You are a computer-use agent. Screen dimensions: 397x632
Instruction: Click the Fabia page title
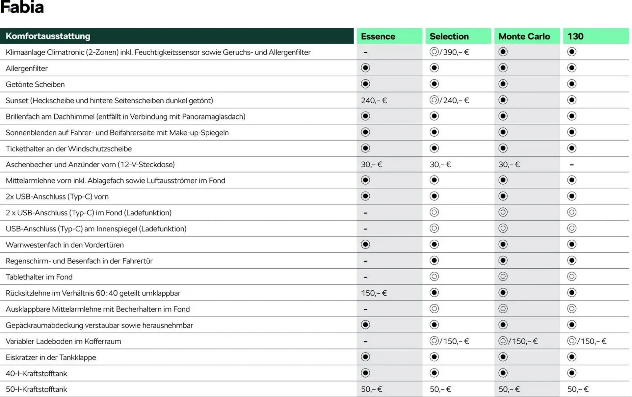point(22,7)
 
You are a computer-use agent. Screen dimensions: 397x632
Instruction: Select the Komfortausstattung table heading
point(48,36)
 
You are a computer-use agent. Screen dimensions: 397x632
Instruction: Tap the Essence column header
point(378,36)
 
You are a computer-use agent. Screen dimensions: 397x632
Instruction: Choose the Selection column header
point(449,36)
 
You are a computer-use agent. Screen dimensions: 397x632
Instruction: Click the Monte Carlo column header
point(524,36)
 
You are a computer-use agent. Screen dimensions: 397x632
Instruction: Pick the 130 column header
point(575,36)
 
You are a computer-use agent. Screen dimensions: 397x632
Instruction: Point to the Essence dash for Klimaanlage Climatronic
point(365,52)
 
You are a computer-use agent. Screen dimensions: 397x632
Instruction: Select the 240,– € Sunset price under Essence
point(374,100)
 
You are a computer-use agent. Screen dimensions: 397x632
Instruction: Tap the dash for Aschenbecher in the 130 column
point(572,165)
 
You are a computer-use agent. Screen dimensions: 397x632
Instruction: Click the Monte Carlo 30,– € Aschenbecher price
point(509,165)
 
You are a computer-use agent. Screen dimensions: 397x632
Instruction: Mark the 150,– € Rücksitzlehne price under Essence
point(374,293)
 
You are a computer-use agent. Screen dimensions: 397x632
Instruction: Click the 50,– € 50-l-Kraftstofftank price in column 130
point(578,389)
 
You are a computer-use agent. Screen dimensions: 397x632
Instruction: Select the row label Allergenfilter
point(27,68)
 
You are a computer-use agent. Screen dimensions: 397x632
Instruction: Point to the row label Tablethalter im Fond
point(39,277)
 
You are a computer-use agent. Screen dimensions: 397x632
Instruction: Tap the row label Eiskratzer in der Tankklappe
point(51,357)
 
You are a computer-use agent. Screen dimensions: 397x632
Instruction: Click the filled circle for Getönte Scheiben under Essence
point(365,84)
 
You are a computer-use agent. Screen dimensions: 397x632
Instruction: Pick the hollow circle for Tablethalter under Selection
point(434,277)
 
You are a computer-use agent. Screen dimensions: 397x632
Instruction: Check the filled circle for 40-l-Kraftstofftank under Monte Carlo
point(503,373)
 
